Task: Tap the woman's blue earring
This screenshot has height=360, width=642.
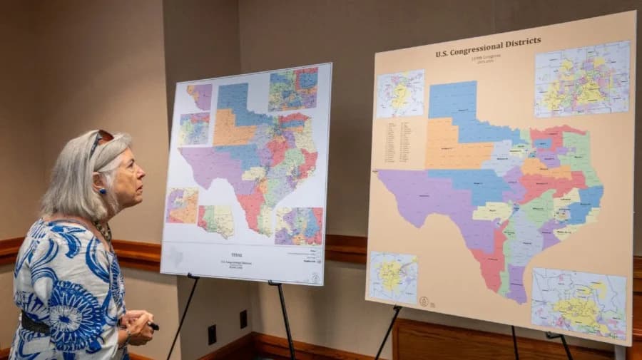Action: (x=102, y=191)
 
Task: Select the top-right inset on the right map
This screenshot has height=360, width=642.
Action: (x=582, y=78)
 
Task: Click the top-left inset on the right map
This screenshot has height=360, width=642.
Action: (x=400, y=93)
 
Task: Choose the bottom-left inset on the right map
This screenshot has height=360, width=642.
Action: (x=393, y=277)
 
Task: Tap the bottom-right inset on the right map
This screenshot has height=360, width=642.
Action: (x=579, y=303)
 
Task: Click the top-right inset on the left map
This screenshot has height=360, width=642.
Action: (x=293, y=88)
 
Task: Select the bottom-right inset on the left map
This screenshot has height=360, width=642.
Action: (x=299, y=226)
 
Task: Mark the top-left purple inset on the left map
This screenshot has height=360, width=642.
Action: (x=200, y=96)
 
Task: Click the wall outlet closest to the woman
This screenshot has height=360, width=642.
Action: (x=212, y=334)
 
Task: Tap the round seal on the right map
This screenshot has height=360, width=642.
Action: (x=424, y=302)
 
